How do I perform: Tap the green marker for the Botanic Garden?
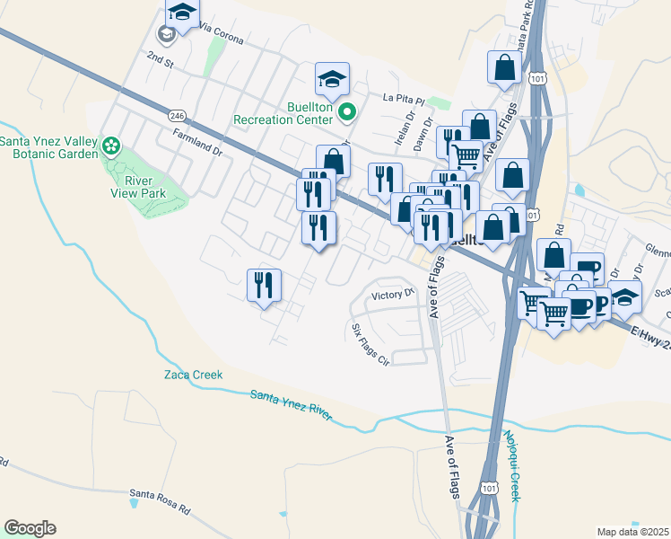click(x=112, y=146)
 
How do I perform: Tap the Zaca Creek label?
click(x=192, y=375)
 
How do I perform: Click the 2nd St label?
click(x=159, y=57)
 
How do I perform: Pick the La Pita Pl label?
click(x=402, y=97)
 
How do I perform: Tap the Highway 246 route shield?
click(x=176, y=114)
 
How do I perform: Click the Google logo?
click(x=29, y=528)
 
